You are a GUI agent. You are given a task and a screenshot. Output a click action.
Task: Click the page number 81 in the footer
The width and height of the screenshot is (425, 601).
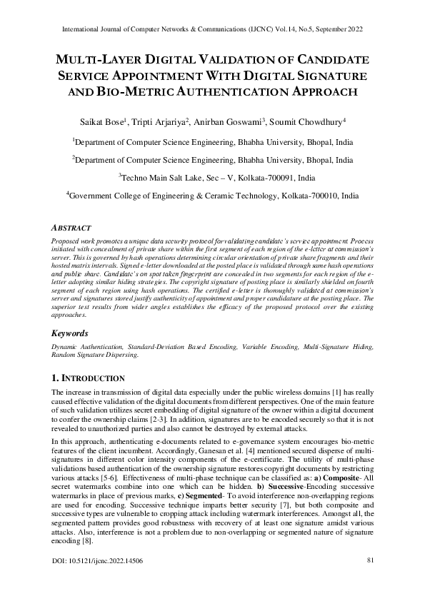click(371, 580)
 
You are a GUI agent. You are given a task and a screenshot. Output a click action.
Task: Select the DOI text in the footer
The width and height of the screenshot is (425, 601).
click(96, 581)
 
